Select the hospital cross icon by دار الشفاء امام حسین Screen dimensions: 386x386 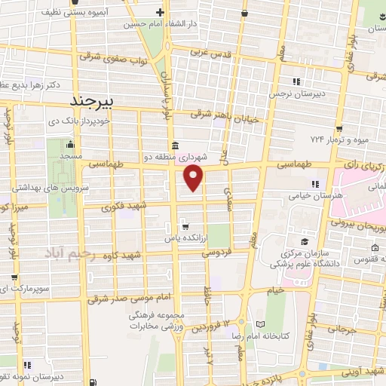pyautogui.click(x=160, y=12)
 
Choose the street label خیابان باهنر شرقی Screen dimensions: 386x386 pyautogui.click(x=216, y=114)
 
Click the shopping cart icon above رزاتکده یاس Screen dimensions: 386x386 pyautogui.click(x=185, y=226)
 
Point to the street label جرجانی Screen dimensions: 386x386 pyautogui.click(x=342, y=329)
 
